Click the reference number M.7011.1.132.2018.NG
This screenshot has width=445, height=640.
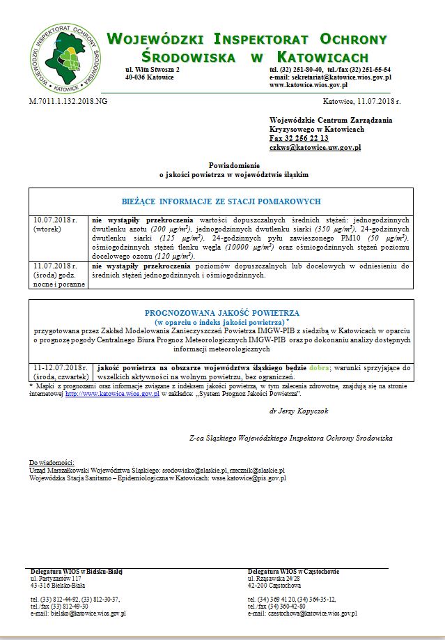(68, 102)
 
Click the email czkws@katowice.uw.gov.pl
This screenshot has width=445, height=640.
(315, 148)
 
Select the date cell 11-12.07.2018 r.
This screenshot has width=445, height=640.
(59, 367)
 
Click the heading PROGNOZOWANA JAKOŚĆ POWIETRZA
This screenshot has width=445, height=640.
(221, 313)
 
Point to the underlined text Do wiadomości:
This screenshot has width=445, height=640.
(52, 463)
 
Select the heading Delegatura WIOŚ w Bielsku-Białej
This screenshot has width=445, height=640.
(77, 572)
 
